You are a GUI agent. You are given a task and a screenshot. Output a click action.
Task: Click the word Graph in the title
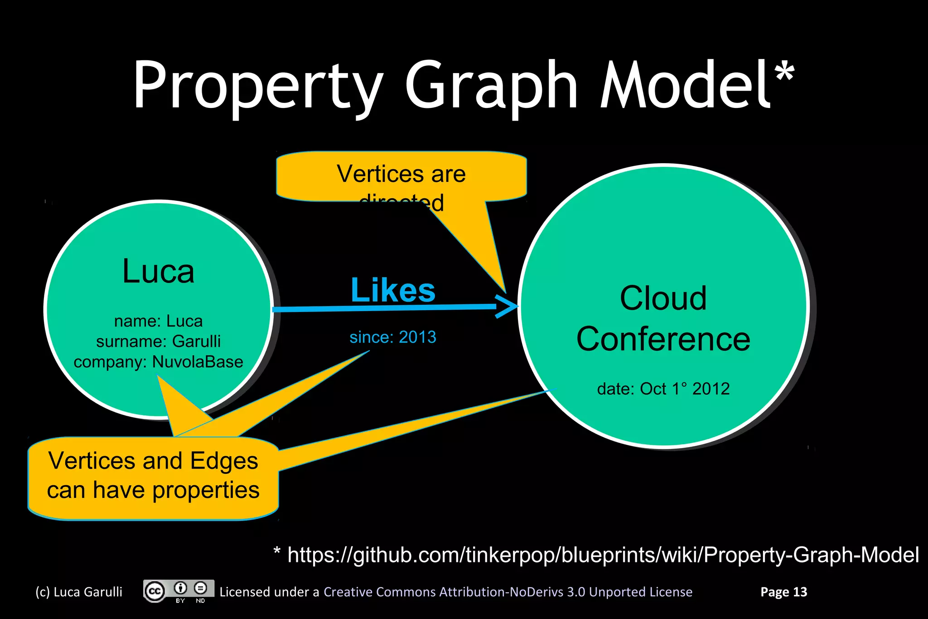tap(491, 86)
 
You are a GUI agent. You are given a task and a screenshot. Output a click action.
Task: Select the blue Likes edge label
tap(393, 290)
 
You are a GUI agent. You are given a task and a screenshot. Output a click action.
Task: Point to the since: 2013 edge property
tap(393, 337)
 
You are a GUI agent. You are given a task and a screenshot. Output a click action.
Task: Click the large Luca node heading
tap(158, 272)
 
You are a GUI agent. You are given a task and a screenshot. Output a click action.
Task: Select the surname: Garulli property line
tap(158, 341)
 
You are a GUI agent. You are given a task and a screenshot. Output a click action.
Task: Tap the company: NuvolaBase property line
tap(158, 362)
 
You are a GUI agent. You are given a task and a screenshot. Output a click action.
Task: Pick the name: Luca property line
tap(158, 321)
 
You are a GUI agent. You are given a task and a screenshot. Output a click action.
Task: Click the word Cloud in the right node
tap(663, 298)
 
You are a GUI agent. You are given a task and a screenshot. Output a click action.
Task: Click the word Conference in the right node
tap(663, 339)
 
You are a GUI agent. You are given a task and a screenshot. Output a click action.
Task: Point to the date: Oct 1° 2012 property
tap(663, 389)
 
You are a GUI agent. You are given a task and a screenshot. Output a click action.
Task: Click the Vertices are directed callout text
tap(401, 175)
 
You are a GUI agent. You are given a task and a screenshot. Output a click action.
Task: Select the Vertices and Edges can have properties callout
tap(153, 475)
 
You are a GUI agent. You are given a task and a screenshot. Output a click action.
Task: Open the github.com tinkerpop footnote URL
tap(603, 555)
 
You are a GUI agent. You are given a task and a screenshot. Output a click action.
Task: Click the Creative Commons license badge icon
tap(179, 591)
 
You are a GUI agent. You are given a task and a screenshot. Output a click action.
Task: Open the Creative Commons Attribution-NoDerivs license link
tap(507, 592)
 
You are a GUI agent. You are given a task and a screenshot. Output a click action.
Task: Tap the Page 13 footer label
tap(783, 592)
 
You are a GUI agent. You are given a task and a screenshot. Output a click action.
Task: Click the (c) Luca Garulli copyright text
tap(79, 592)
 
